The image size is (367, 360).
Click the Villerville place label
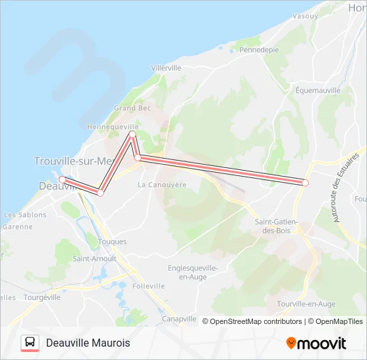[x=166, y=68]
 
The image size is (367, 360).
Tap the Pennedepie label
[x=259, y=50]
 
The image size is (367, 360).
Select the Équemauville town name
[x=318, y=90]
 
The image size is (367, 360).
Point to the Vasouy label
[x=305, y=16]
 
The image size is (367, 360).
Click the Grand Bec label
[x=132, y=108]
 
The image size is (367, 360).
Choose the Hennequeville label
[x=113, y=126]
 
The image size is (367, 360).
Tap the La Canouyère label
[x=161, y=185]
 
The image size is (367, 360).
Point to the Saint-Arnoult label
[x=94, y=259]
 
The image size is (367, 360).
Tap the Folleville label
[x=148, y=286]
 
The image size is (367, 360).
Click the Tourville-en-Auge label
[x=306, y=304]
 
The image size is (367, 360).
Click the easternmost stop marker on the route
[x=306, y=182]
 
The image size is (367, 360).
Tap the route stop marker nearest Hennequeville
[x=132, y=135]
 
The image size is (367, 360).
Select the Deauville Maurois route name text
[x=88, y=343]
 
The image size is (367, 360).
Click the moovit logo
[x=316, y=343]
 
